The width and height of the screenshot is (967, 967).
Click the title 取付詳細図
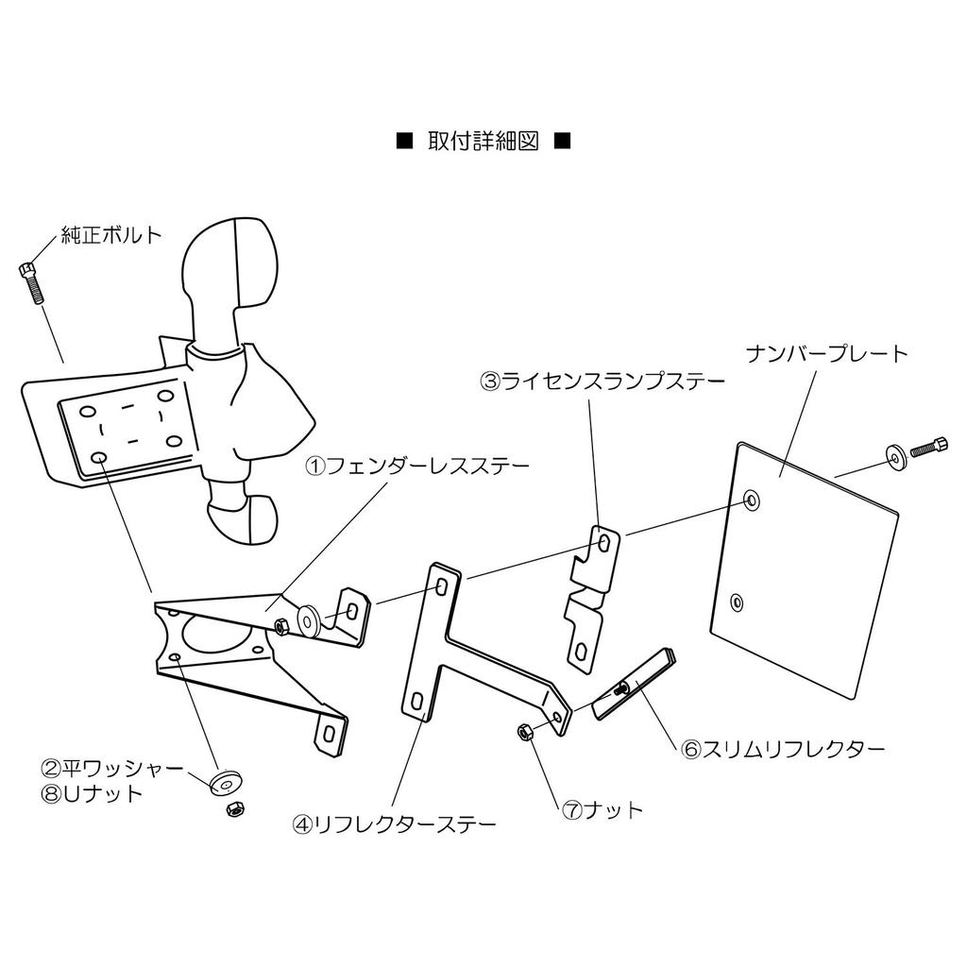pos(483,142)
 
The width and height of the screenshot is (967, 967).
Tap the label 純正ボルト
pos(111,235)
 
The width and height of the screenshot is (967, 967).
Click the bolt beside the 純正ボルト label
pos(32,281)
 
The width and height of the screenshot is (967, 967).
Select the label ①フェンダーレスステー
pos(417,465)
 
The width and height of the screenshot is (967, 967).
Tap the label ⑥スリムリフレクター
pos(783,749)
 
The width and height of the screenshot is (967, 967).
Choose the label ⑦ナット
pos(602,809)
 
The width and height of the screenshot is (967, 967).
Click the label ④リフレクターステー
pos(394,824)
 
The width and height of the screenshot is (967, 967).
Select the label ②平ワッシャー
pos(112,769)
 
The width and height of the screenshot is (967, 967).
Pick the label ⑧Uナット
pos(92,793)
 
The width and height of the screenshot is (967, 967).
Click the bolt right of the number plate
pos(927,447)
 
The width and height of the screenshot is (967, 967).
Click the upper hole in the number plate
pos(751,500)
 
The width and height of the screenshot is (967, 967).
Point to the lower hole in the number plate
pos(737,602)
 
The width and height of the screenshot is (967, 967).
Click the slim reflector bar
pos(634,684)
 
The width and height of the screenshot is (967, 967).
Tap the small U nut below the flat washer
pos(235,808)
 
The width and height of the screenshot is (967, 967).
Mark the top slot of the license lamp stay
pos(605,543)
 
